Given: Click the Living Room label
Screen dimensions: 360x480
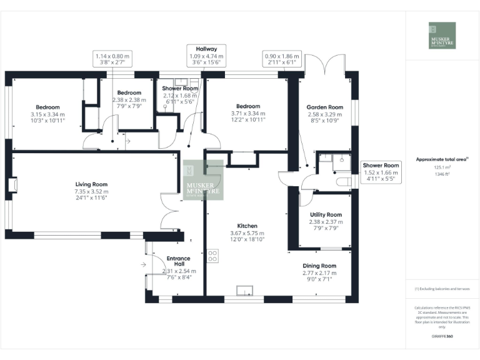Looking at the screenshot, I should [91, 184].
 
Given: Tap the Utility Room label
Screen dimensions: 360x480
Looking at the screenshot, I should [326, 214].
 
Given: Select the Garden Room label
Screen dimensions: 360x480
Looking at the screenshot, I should [326, 107].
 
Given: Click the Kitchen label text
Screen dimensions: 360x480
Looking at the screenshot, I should [247, 226].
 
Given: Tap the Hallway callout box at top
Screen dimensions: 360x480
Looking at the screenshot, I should [206, 55].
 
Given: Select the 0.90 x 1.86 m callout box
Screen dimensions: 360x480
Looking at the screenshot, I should [281, 59].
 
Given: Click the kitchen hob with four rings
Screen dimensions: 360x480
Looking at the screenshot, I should [212, 256].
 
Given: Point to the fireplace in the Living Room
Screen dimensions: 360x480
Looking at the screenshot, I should [13, 185].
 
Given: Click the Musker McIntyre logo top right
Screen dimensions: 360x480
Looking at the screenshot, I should [442, 36].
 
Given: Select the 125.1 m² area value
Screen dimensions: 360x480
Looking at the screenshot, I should [442, 167].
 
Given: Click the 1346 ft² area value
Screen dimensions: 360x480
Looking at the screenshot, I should [442, 174].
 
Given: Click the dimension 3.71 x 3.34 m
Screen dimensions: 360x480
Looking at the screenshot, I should [248, 114].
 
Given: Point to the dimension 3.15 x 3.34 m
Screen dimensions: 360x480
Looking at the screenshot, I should [48, 114].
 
